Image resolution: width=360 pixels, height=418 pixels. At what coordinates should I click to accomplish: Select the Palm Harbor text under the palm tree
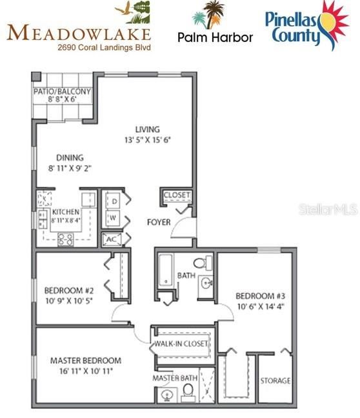215,37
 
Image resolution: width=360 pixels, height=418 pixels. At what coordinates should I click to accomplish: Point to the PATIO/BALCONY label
62,92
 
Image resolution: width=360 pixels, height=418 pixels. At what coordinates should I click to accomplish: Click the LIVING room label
147,129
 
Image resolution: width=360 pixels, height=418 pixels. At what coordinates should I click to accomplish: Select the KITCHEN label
66,212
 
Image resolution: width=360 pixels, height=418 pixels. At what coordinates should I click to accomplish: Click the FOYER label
159,223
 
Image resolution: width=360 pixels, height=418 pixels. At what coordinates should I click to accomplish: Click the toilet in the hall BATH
204,262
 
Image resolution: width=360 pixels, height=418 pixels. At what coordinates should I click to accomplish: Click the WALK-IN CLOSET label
181,344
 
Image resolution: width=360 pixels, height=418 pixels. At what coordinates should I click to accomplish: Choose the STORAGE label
275,381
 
